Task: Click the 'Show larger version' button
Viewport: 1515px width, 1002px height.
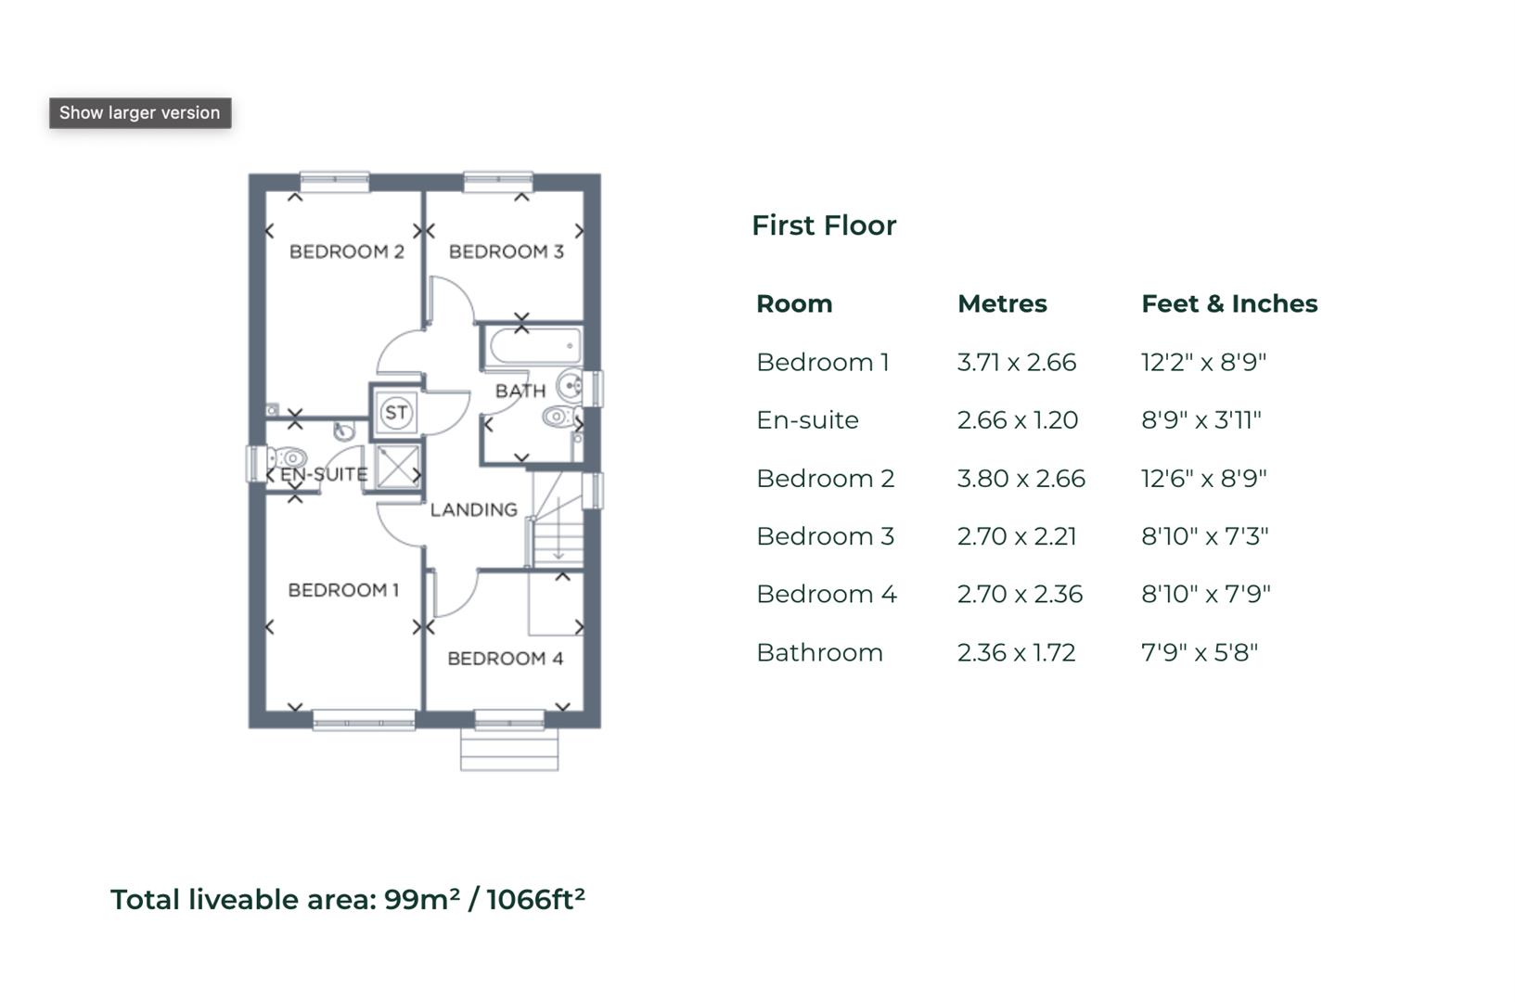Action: [140, 113]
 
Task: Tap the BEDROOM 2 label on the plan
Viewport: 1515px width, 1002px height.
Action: [346, 251]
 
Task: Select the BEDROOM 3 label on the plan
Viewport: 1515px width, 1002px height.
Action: [506, 251]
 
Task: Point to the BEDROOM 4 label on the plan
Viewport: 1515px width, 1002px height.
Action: [505, 659]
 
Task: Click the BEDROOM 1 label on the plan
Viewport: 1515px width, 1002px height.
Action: [343, 590]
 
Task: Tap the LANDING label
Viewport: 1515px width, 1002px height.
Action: [473, 509]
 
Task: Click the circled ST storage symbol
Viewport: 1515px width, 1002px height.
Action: [396, 413]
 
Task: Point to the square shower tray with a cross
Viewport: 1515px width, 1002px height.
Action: [398, 466]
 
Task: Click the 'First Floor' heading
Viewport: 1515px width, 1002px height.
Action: [824, 225]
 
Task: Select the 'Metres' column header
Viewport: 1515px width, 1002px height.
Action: [1002, 303]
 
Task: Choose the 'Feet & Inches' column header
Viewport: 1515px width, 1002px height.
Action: [1229, 303]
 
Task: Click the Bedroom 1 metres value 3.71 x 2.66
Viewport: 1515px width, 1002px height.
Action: [1017, 362]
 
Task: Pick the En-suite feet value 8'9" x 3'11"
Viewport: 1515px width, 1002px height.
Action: [1201, 420]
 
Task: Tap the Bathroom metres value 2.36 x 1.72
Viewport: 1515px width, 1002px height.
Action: [1017, 652]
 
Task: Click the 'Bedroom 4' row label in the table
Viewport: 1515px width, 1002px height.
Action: [827, 594]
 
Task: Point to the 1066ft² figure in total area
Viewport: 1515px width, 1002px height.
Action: [535, 899]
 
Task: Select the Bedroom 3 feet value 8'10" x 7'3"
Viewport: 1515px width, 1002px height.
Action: [1204, 536]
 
